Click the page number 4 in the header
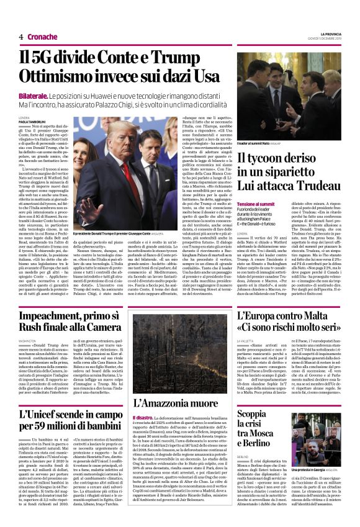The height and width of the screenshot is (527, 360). tap(21, 37)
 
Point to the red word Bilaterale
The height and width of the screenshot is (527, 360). tap(34, 99)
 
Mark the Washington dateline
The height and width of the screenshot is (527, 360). tap(27, 340)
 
